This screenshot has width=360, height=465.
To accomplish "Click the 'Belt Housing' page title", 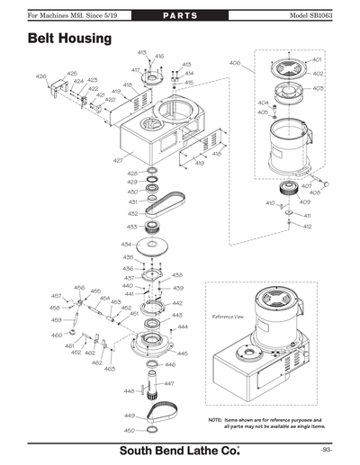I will point(69,40).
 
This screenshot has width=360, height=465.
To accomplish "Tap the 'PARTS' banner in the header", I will point(180,17).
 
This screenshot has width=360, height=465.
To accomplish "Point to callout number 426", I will point(40,77).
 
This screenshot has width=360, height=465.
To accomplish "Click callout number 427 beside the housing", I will point(118,160).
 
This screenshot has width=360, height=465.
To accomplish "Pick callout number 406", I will point(234,63).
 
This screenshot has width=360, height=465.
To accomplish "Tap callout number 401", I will point(317,60).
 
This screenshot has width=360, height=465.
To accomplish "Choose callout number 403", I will point(319,88).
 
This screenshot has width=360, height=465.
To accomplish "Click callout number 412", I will point(307,227).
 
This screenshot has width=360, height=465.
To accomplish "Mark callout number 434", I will point(126,244).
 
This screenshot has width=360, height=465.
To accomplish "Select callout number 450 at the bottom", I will point(129,431).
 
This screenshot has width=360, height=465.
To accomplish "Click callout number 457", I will point(56,296).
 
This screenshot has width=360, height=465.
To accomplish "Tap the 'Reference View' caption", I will point(228,317).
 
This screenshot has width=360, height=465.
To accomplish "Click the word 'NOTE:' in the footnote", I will point(216,420).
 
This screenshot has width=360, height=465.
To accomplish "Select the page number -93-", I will point(326,449).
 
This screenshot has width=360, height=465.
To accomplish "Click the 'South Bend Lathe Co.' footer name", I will point(180,449).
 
